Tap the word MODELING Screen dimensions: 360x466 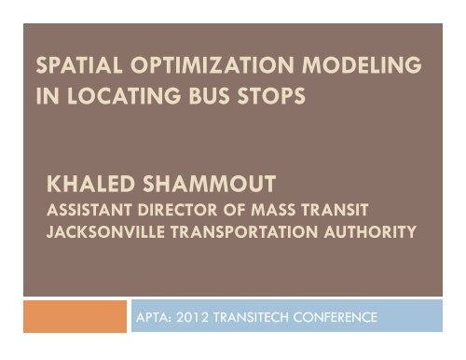352,68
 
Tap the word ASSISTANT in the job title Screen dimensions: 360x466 90,206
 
